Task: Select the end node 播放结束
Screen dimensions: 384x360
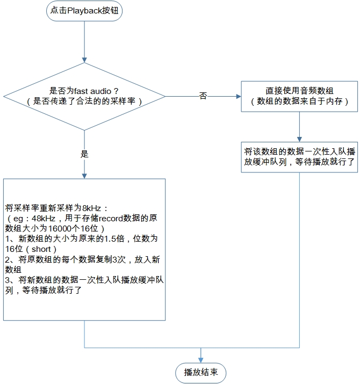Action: [x=201, y=372]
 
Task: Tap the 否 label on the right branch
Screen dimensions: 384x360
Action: [x=203, y=96]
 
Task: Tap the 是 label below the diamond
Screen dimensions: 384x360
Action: [x=84, y=154]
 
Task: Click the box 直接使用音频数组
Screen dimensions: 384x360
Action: [x=299, y=96]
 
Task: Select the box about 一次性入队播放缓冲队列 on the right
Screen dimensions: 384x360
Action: [x=299, y=157]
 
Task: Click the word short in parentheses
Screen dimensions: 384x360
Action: [x=41, y=249]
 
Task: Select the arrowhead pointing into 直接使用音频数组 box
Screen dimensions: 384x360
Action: [x=238, y=97]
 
